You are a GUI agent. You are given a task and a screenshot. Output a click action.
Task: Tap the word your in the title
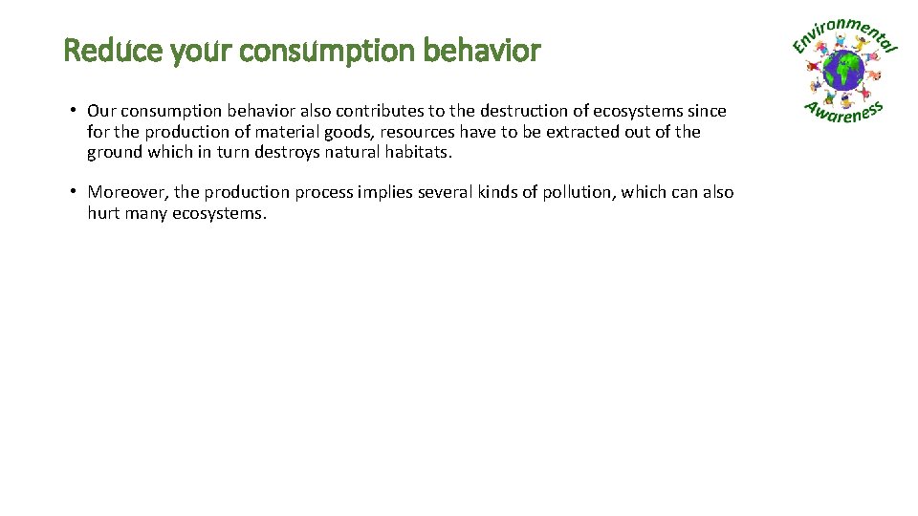[x=203, y=51]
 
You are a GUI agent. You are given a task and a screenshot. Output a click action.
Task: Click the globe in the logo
[x=843, y=71]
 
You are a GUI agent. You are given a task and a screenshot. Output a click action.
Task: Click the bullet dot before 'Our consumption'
[x=73, y=111]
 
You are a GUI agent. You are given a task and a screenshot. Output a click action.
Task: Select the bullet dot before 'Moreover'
[x=73, y=191]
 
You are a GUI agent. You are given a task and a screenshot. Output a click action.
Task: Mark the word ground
[x=115, y=153]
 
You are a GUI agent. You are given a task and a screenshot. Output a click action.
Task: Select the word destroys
[x=286, y=152]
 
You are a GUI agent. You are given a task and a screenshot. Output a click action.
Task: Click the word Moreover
[x=129, y=192]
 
